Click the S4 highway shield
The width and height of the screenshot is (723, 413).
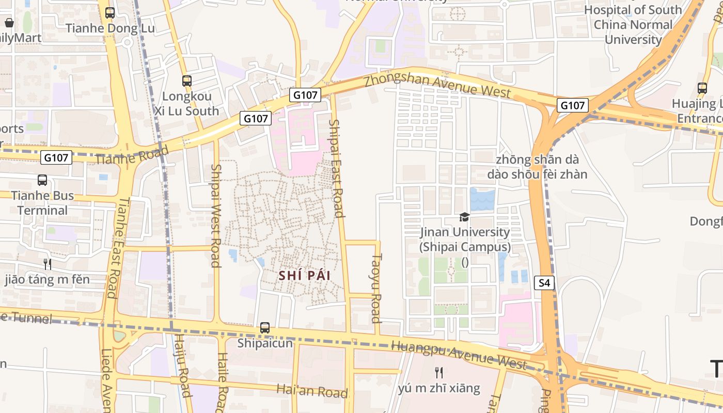coord(544,282)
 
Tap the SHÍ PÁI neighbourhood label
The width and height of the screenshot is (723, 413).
coord(304,275)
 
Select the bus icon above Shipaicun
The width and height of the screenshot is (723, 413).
coord(265,327)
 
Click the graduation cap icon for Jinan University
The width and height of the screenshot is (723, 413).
coord(464,217)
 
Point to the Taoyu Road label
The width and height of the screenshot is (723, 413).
coord(376,288)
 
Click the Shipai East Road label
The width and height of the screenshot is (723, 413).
coord(336,168)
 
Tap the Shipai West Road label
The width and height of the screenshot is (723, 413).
coord(216,215)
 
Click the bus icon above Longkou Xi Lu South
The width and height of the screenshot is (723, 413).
coord(186,81)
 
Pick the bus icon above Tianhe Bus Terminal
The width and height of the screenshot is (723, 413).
coord(42,180)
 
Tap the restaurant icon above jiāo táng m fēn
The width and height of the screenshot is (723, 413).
coord(47,264)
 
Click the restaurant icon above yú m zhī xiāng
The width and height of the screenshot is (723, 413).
coord(439,372)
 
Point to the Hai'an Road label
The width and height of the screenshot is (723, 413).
coord(312,391)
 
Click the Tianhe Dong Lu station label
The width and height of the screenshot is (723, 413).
coord(110,28)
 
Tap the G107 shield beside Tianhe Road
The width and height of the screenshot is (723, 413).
coord(56,157)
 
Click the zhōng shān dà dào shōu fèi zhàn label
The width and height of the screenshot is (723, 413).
coord(537,167)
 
